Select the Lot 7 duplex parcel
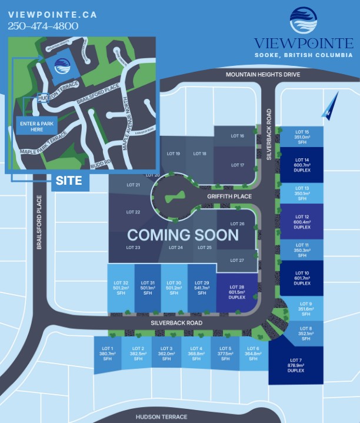coord(295,365)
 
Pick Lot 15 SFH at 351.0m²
coord(302,136)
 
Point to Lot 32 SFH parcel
coord(122,288)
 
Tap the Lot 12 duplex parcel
coord(302,221)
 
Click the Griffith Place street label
coord(229,196)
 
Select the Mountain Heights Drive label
coord(263,75)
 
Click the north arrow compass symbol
coord(326,106)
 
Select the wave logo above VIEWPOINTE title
coord(304,22)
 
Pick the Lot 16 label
coord(238,136)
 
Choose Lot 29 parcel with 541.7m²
coord(201,288)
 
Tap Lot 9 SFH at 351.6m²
coord(306,309)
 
